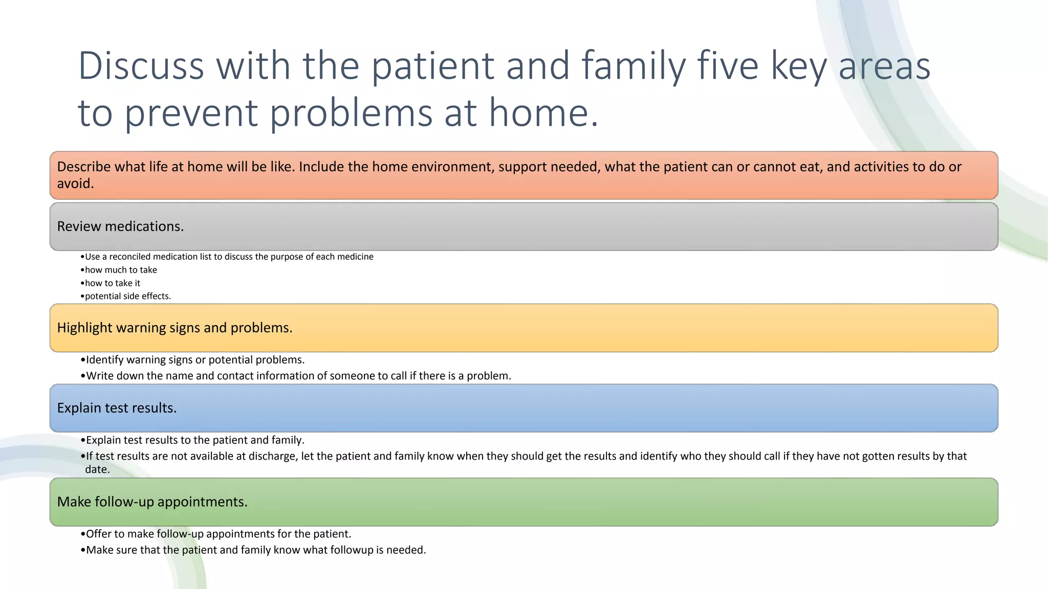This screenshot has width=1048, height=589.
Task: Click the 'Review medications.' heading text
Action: click(120, 226)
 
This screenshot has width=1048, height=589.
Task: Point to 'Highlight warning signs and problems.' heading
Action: click(174, 328)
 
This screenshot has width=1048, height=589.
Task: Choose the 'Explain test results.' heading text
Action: click(117, 408)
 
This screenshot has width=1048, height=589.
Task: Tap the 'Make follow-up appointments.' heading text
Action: click(152, 502)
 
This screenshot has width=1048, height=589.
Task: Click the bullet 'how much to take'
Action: click(121, 270)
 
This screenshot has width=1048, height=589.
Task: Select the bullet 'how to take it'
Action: click(112, 283)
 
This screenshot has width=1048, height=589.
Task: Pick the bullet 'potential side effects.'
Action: click(127, 296)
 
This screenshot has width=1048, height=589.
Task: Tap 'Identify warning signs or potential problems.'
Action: click(195, 360)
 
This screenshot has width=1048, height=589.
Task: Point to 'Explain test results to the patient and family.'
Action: click(195, 440)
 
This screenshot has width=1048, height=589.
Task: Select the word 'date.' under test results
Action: click(97, 469)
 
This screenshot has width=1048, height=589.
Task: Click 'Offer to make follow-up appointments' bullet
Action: click(219, 534)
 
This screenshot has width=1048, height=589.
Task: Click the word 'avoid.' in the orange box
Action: click(75, 184)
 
